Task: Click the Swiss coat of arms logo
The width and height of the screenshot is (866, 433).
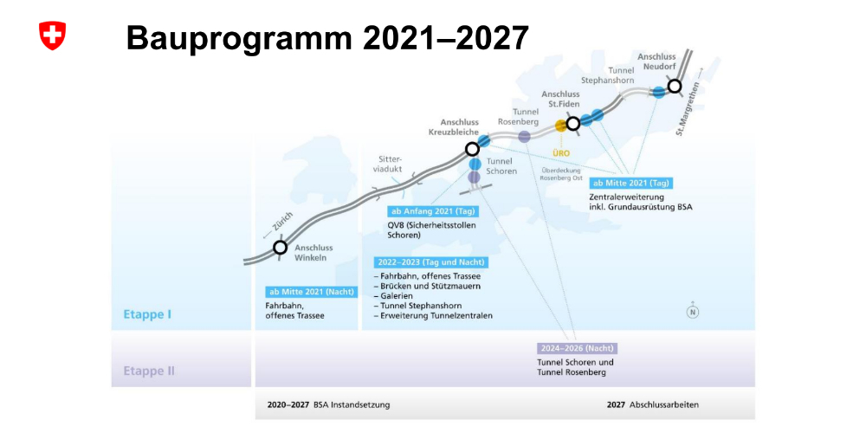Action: (x=53, y=36)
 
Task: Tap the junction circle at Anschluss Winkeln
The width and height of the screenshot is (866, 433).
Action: (x=281, y=248)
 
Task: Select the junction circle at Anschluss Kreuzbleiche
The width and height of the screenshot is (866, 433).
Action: (x=472, y=149)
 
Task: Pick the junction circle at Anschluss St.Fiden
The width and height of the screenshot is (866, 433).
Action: (x=572, y=123)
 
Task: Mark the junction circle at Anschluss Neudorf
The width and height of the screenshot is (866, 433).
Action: (x=674, y=86)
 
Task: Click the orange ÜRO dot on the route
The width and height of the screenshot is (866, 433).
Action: (x=560, y=126)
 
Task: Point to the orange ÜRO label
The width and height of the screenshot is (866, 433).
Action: (x=560, y=152)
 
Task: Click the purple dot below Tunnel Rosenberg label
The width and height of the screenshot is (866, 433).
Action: (x=524, y=136)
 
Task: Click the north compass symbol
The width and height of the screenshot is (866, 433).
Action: (x=693, y=311)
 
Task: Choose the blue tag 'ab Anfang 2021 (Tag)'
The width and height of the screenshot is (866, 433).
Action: (x=434, y=211)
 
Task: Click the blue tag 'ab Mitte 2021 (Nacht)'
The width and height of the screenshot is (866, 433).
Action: (x=311, y=292)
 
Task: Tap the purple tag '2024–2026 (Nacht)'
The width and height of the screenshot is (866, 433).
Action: (x=577, y=348)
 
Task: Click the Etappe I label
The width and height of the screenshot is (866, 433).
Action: (x=147, y=315)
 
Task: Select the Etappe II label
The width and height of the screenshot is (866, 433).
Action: (x=149, y=371)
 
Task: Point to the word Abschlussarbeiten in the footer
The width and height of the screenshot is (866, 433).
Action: (x=664, y=404)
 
